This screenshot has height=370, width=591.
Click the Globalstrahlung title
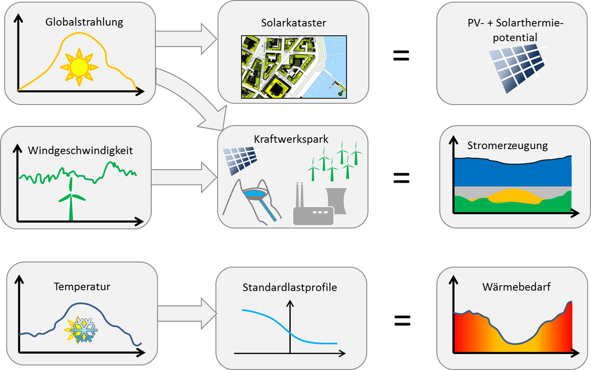coord(84,22)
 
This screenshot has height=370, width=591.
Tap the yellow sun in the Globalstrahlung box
coord(79,66)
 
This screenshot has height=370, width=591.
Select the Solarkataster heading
coord(294,23)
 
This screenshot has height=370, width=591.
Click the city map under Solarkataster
coord(294,66)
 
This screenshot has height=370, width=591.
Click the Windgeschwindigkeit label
coord(80,150)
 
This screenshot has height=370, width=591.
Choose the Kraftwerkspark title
coord(291,139)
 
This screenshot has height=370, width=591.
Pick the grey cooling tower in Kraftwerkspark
coord(336,200)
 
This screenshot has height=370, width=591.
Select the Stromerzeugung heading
coord(508,145)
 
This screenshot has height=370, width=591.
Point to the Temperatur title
coord(82,286)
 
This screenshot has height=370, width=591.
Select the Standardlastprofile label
coord(290,287)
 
